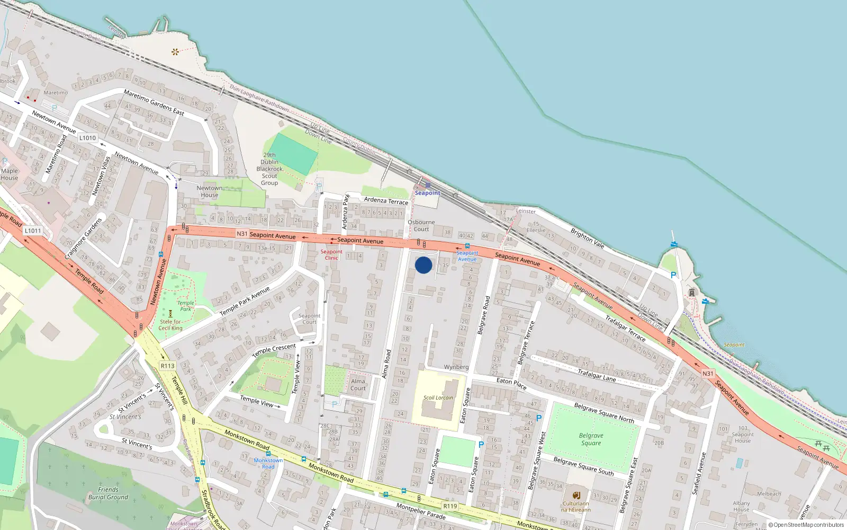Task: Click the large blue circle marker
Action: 424,265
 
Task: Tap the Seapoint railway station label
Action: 427,193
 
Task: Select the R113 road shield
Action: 167,366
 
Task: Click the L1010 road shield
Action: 87,138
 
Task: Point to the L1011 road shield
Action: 32,231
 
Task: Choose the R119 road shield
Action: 450,506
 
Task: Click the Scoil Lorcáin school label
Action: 438,397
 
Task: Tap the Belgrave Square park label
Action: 591,439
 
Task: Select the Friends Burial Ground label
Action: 108,493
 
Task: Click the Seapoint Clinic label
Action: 331,255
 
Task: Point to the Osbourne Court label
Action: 421,226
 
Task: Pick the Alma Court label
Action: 358,384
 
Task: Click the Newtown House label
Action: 210,191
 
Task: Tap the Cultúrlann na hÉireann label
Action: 576,507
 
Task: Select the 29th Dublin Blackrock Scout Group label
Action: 269,169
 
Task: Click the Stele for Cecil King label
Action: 170,325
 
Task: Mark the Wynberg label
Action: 456,367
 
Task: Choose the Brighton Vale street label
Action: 587,238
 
